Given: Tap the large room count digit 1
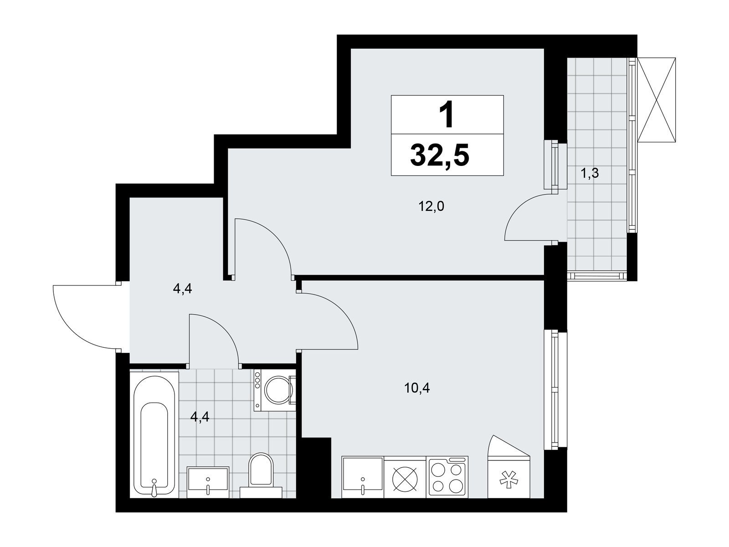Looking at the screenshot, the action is click(447, 115).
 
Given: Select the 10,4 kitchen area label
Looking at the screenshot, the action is click(417, 387).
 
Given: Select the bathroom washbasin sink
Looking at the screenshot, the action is click(208, 483).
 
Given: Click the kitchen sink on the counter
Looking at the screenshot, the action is click(362, 477).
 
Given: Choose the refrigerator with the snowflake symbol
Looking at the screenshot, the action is click(509, 467).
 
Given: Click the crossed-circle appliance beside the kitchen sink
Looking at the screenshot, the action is click(405, 478).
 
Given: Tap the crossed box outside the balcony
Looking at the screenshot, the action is click(657, 100).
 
